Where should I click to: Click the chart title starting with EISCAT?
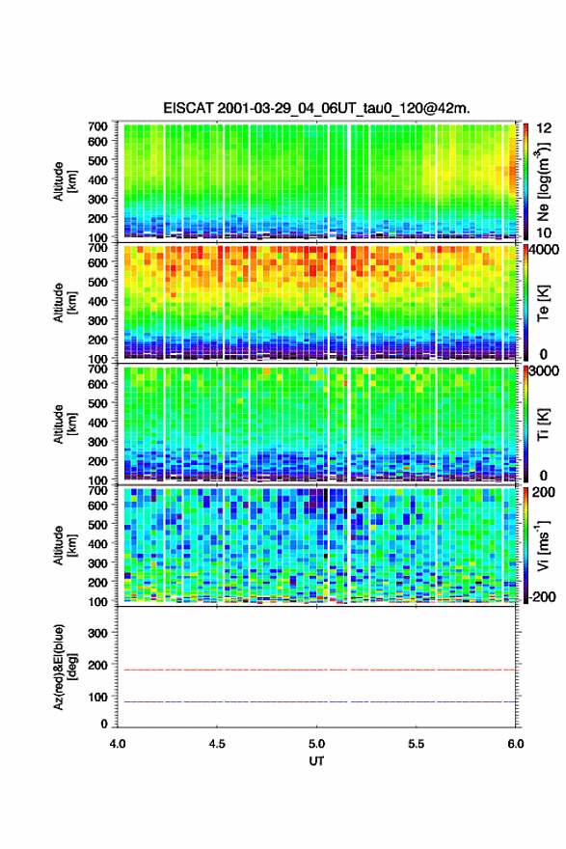point(316,108)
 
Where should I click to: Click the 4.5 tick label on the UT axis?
point(217,744)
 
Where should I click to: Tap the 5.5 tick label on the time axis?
point(417,744)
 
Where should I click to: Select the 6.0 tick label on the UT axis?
point(516,744)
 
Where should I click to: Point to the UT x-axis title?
point(316,761)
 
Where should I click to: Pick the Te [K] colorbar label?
point(543,303)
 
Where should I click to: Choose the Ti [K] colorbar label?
point(543,424)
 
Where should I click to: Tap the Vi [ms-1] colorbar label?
point(543,545)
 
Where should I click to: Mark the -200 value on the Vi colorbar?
point(540,596)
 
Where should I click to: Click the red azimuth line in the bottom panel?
point(316,670)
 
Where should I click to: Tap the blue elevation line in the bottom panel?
point(316,701)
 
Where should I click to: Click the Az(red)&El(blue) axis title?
point(65,667)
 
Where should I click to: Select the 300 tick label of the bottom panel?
point(98,633)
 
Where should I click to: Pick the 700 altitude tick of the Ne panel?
point(98,126)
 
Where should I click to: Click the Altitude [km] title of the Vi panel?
point(65,545)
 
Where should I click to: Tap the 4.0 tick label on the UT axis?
point(118,744)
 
